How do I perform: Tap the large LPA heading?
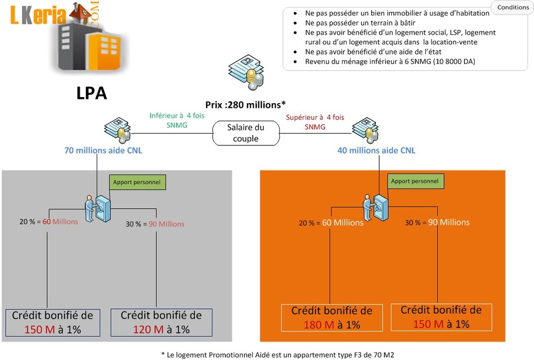(x=92, y=93)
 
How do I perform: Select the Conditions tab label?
(x=513, y=7)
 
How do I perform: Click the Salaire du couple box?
(x=246, y=133)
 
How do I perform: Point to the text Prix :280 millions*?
(x=245, y=105)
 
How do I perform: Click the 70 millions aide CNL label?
(x=103, y=150)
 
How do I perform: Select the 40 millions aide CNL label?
(x=376, y=150)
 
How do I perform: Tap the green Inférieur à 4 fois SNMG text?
(x=177, y=120)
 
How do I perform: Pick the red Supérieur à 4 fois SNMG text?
(x=315, y=122)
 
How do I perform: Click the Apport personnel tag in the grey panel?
(x=137, y=182)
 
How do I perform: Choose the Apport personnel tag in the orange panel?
(x=415, y=181)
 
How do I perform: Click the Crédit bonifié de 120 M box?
(x=161, y=323)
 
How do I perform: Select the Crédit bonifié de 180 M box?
(x=332, y=318)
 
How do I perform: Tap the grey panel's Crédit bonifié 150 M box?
(x=53, y=323)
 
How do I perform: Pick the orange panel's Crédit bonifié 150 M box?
(x=442, y=317)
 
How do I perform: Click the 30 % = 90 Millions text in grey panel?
(x=155, y=224)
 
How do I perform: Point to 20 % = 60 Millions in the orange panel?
(x=331, y=223)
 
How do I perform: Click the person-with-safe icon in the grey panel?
(x=98, y=208)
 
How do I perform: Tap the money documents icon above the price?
(x=246, y=72)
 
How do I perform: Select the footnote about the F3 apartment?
(x=278, y=355)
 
